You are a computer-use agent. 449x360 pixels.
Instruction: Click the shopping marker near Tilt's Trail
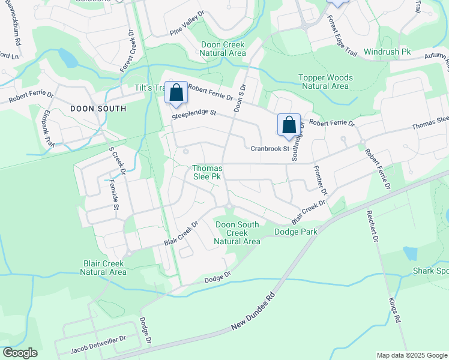(x=176, y=93)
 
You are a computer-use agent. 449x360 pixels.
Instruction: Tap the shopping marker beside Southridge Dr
(x=289, y=125)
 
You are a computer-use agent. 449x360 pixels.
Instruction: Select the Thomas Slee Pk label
(x=208, y=173)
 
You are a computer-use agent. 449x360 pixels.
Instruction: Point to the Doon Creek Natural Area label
(x=223, y=49)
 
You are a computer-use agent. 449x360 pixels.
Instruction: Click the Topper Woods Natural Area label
(x=326, y=82)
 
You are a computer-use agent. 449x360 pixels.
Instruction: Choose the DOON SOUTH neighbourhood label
(x=98, y=109)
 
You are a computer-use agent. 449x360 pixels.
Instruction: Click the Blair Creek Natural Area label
(x=103, y=268)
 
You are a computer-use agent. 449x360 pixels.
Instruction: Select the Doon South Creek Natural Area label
(x=238, y=233)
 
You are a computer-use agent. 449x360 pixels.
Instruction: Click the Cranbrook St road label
(x=270, y=148)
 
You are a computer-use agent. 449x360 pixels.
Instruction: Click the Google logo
(x=20, y=353)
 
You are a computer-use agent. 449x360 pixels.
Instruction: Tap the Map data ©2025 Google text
(x=411, y=355)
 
